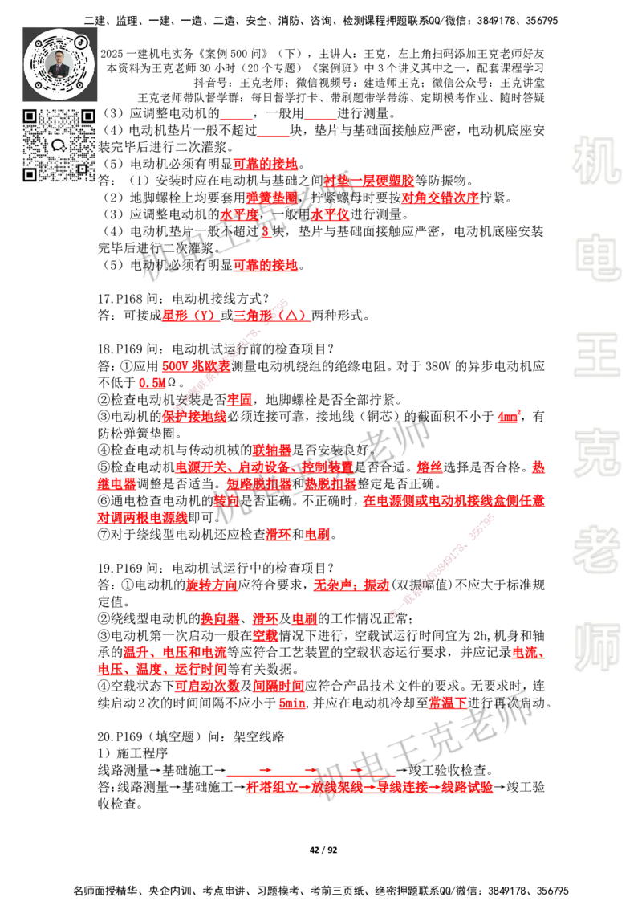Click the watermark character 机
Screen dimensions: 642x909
coord(596,161)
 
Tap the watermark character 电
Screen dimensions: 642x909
coord(599,257)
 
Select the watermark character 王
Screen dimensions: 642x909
coord(596,356)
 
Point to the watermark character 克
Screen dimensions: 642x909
coord(596,453)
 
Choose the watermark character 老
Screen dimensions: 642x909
coord(596,549)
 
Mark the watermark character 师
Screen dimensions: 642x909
coord(596,648)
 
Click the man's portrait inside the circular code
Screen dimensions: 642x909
coord(60,65)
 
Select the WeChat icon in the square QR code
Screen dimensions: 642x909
coord(59,145)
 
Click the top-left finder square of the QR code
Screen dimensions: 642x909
coord(30,116)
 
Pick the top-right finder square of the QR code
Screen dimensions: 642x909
coord(87,116)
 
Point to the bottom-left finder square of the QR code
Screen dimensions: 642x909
coord(30,174)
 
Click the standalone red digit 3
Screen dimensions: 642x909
coord(266,233)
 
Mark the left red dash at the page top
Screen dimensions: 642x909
coord(236,119)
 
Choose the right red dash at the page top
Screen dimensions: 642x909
coord(321,119)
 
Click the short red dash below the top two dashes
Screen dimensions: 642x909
coord(274,138)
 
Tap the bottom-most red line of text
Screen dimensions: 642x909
coord(369,788)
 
